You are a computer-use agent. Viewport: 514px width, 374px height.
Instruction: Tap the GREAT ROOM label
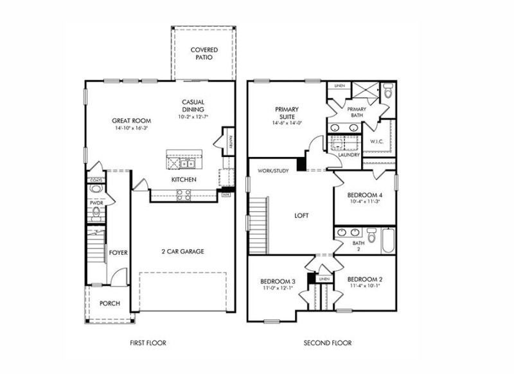(x=131, y=120)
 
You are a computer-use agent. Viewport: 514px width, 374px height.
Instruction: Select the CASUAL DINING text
(x=193, y=106)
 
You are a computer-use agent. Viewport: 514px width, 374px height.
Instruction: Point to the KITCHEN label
(x=183, y=179)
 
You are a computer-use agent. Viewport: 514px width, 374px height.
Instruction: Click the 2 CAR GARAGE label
(x=182, y=251)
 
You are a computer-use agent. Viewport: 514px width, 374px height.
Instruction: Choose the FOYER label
(x=118, y=252)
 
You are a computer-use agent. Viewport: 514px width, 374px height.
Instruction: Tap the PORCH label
(x=109, y=303)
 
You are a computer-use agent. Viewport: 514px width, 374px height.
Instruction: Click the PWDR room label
(x=96, y=203)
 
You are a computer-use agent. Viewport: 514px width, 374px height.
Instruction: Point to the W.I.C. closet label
(x=377, y=141)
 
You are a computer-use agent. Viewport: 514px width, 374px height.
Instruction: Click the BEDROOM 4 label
(x=365, y=195)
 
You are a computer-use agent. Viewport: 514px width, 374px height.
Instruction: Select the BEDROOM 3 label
(x=278, y=281)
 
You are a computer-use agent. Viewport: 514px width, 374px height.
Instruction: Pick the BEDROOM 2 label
(x=365, y=279)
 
